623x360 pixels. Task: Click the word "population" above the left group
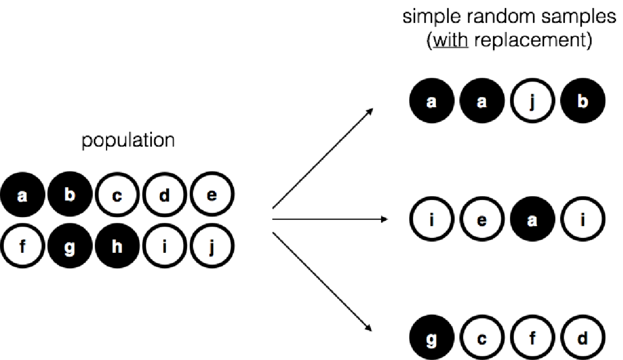click(128, 141)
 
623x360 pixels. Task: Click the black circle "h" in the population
click(117, 249)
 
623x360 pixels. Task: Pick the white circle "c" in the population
click(117, 196)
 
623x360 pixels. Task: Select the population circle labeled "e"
click(212, 196)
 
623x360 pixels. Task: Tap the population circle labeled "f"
click(22, 249)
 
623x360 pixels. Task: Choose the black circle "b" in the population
click(69, 195)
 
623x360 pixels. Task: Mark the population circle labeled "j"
click(212, 249)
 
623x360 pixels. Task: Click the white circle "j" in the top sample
click(531, 101)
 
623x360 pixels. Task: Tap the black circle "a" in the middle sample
click(531, 220)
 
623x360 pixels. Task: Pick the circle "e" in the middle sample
click(481, 220)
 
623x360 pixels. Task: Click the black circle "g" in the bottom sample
click(431, 338)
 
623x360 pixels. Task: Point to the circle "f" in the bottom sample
click(531, 338)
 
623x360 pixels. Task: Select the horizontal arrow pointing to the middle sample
click(330, 219)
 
